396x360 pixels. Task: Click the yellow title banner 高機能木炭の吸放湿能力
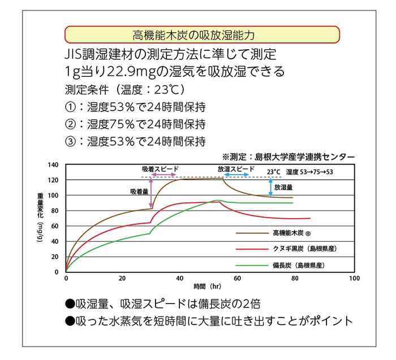click(202, 35)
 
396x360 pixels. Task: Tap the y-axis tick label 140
click(54, 164)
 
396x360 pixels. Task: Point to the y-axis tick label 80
click(55, 211)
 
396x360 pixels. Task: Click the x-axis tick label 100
click(354, 279)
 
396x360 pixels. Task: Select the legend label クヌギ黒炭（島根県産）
click(305, 249)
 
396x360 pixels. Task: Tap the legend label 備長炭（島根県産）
click(301, 264)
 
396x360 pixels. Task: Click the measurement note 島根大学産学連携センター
click(305, 156)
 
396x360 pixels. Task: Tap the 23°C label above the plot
click(273, 171)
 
